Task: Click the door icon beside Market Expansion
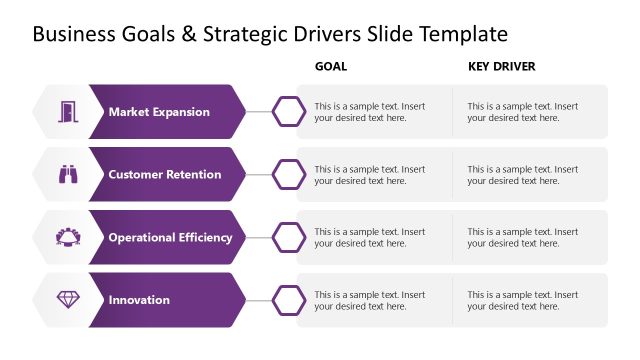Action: [x=68, y=111]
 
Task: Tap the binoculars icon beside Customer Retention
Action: [x=68, y=174]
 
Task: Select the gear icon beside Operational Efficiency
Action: [x=68, y=237]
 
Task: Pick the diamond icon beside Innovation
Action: [x=68, y=300]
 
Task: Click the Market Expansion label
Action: [x=159, y=112]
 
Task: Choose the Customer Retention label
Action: [x=165, y=175]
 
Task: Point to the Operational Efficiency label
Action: [x=170, y=238]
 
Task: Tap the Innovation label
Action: [x=139, y=300]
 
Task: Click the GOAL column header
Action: [x=331, y=67]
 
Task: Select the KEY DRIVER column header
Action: [x=502, y=67]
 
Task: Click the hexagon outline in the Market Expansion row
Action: [x=290, y=111]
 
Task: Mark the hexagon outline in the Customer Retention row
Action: [x=290, y=174]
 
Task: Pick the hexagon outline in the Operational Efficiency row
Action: [x=290, y=237]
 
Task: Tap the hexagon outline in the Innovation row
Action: [x=290, y=300]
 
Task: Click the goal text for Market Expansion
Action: [x=369, y=112]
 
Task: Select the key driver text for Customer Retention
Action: [x=522, y=175]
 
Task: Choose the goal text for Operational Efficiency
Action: [x=369, y=238]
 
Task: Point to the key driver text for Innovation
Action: [x=522, y=300]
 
